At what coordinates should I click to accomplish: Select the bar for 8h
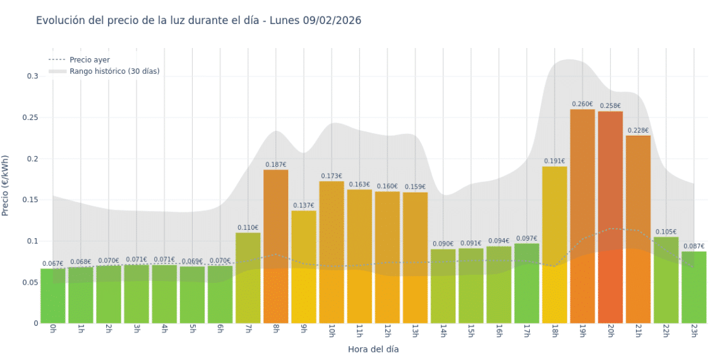pos(276,246)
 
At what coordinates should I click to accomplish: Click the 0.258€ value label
pos(610,106)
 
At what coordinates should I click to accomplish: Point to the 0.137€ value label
pos(304,205)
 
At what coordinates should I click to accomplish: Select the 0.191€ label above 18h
pos(555,161)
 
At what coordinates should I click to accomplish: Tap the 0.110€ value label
pos(248,227)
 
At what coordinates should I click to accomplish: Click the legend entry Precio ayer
pos(89,60)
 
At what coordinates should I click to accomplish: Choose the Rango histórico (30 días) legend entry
pos(114,71)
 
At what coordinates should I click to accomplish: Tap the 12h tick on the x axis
pos(387,331)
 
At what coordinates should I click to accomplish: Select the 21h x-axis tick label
pos(638,331)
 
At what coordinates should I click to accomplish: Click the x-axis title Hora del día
pos(373,349)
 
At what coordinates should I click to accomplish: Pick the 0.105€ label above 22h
pos(666,232)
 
